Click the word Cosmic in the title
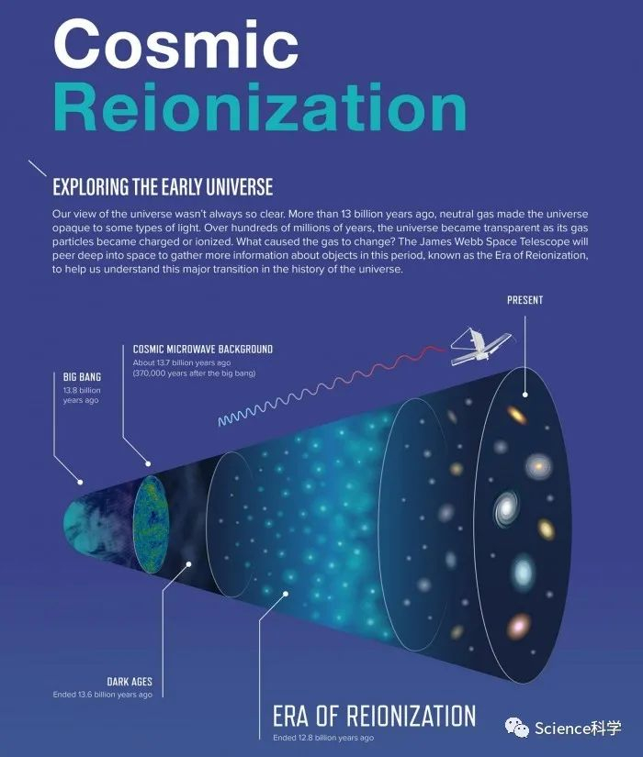[x=175, y=44]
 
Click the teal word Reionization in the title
[x=260, y=107]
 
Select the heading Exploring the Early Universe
[x=163, y=187]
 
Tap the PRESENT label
[x=525, y=300]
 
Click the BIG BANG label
[x=82, y=376]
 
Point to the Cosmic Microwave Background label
[x=203, y=349]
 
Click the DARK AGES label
[x=130, y=682]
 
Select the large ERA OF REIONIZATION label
[x=374, y=716]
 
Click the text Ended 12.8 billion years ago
[x=323, y=738]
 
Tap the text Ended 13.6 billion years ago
[x=103, y=695]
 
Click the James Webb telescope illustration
[x=480, y=346]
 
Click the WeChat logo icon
[x=517, y=727]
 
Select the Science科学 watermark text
[x=578, y=728]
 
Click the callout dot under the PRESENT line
[x=525, y=395]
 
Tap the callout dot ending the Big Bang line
[x=80, y=482]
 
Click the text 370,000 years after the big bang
[x=195, y=373]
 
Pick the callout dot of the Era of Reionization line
[x=286, y=594]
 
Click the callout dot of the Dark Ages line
[x=189, y=563]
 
